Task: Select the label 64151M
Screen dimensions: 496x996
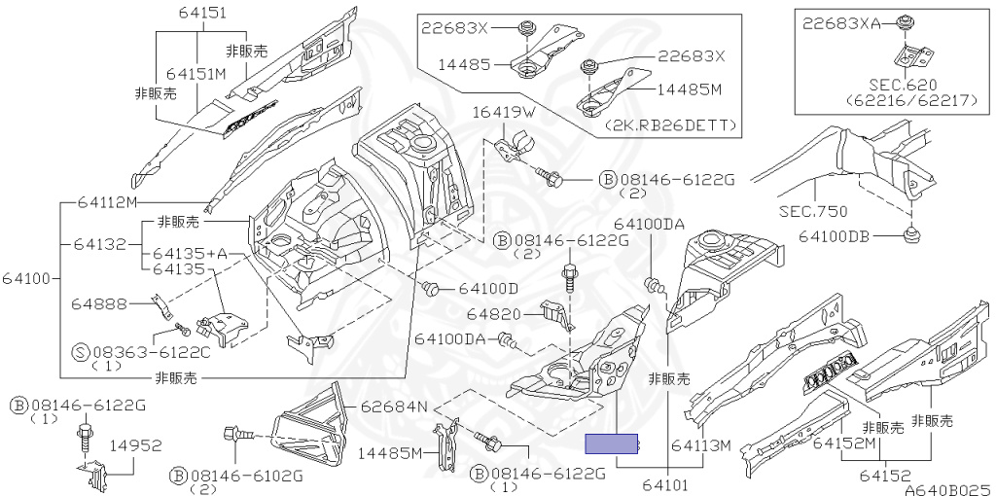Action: click(196, 73)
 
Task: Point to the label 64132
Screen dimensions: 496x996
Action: click(99, 243)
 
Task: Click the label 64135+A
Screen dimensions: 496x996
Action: click(191, 254)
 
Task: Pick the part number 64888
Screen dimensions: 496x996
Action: click(99, 304)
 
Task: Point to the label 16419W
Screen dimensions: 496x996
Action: click(505, 112)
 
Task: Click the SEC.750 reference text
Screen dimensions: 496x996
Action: click(814, 210)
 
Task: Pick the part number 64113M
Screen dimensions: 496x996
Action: click(699, 445)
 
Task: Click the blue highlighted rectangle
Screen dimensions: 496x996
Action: click(611, 444)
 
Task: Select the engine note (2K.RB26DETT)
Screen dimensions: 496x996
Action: click(672, 126)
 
